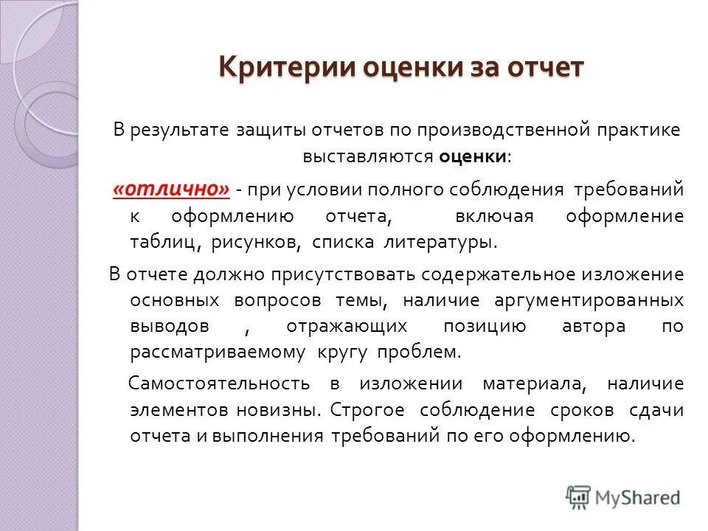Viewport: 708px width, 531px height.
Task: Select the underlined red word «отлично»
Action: [x=171, y=190]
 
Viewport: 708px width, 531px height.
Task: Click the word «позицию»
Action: [x=485, y=326]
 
